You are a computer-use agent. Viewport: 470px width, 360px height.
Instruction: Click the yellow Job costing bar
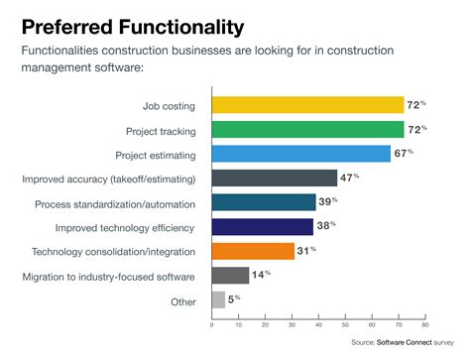click(307, 105)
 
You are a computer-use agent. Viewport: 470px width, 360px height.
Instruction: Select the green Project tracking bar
click(307, 129)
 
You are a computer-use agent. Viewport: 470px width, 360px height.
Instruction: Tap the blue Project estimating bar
click(301, 154)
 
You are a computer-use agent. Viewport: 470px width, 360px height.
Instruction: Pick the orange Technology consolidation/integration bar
click(253, 251)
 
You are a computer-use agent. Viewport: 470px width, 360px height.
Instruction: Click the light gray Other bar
click(218, 300)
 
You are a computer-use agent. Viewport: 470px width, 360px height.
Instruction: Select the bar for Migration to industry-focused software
click(230, 276)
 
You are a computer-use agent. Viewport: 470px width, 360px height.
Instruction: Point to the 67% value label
click(405, 154)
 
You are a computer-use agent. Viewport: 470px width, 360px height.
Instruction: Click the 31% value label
click(308, 251)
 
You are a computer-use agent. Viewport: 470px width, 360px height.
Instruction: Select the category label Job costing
click(170, 105)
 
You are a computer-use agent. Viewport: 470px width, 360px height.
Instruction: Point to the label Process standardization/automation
click(114, 202)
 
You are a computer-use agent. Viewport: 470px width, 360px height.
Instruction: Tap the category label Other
click(182, 300)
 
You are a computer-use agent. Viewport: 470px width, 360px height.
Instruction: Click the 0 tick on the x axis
click(212, 323)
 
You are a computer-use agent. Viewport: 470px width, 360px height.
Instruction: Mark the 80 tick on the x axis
click(424, 323)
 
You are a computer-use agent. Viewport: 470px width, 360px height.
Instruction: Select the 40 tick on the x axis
click(318, 323)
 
